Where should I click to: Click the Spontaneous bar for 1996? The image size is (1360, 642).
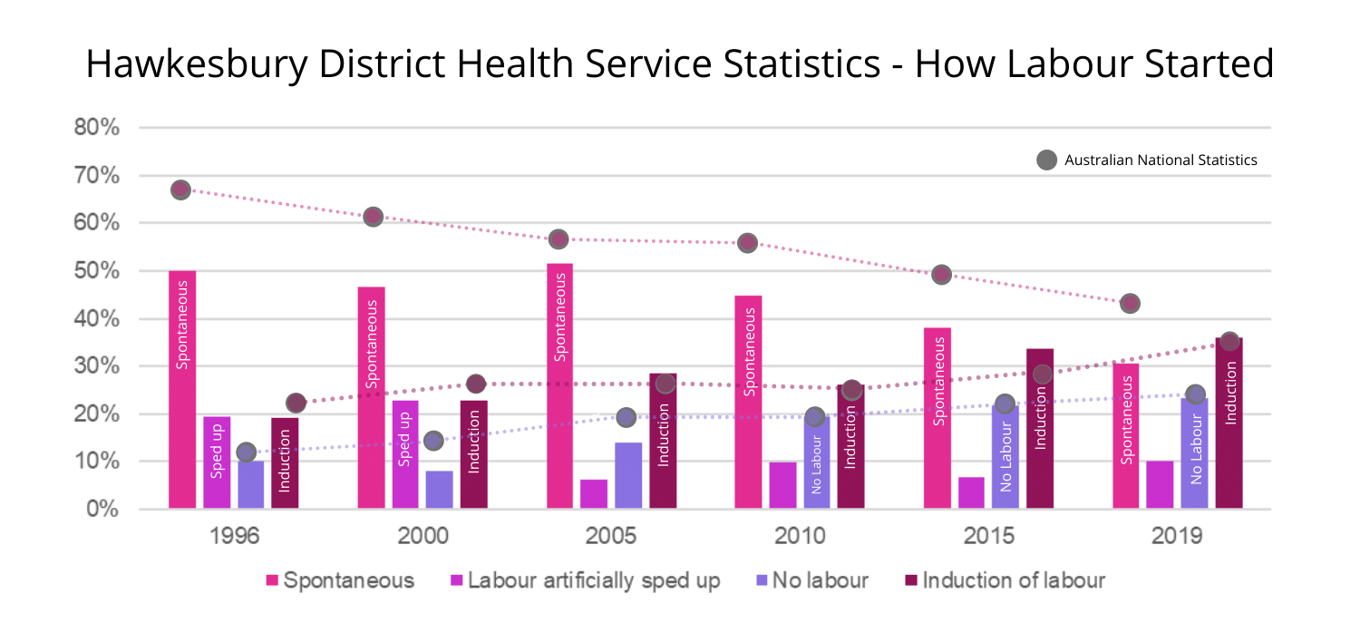182,390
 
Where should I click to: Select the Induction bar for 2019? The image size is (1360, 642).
1229,423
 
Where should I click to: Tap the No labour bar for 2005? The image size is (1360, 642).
628,475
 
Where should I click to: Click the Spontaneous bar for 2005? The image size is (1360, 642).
559,385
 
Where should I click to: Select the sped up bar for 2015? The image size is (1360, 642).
971,492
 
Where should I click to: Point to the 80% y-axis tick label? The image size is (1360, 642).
97,128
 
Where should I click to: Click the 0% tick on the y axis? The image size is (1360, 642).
103,509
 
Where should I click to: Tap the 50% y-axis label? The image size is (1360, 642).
97,271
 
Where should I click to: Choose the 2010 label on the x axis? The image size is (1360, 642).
800,535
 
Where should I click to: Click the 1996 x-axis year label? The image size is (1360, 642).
234,535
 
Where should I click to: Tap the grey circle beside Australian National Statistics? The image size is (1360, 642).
1046,160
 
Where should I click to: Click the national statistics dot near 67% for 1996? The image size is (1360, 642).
180,190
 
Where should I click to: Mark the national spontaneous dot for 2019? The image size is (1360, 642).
1129,303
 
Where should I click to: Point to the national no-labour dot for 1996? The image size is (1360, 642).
246,452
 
